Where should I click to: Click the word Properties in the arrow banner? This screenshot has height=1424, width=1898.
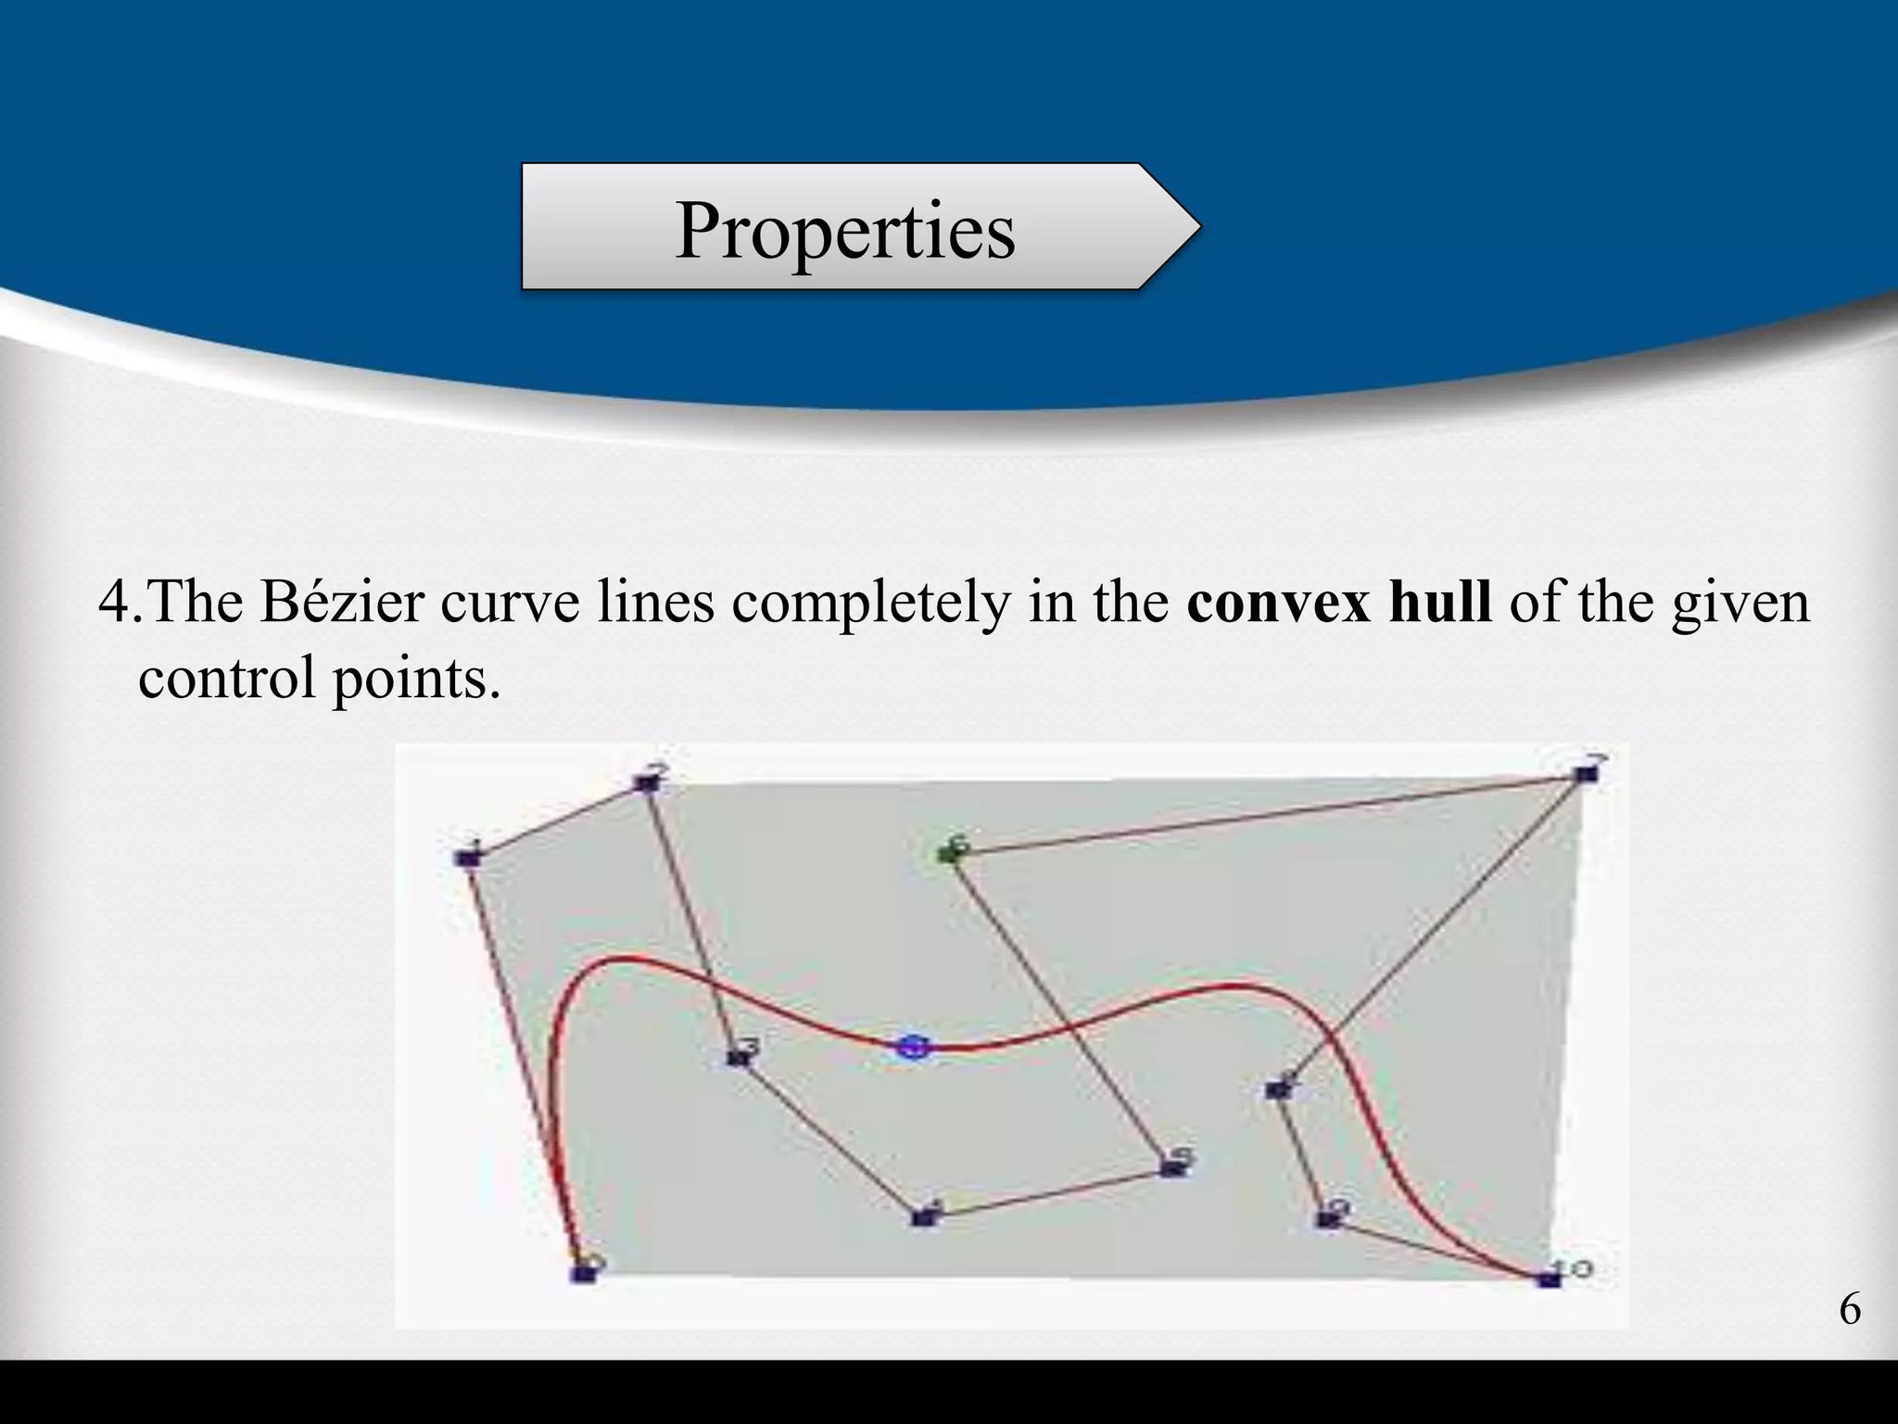click(x=844, y=230)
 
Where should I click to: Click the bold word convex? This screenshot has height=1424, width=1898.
click(x=1278, y=602)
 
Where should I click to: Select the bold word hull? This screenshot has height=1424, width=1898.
click(x=1440, y=602)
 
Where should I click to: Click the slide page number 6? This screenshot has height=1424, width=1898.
click(x=1849, y=1310)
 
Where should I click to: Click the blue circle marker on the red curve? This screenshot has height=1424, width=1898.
click(x=913, y=1048)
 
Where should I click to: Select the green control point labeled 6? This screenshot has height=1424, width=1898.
click(x=948, y=851)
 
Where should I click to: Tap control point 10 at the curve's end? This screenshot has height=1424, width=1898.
click(x=1546, y=1279)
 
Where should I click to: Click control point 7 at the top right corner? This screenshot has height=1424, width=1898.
click(x=1587, y=773)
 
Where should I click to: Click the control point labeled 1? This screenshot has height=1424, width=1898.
click(x=469, y=858)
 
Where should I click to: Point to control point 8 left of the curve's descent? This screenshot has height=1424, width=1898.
click(x=1278, y=1090)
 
